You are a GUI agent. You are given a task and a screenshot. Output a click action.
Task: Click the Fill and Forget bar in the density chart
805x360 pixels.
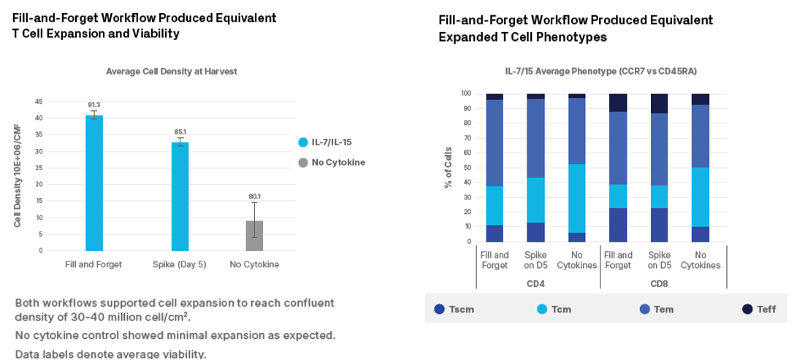point(94,183)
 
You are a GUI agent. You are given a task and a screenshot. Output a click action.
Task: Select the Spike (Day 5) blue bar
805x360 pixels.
point(180,196)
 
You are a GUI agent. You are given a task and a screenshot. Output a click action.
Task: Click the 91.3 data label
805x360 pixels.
point(94,105)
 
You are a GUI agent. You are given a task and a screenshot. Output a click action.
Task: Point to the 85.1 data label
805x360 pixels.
point(180,132)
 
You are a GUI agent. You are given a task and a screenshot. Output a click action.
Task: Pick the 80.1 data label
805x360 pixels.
point(254,196)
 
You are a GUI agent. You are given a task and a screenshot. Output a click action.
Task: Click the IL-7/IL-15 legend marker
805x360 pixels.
point(303,142)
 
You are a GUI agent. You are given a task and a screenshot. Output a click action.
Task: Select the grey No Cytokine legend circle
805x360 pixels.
point(303,162)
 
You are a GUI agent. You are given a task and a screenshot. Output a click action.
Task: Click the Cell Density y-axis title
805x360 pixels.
point(17,175)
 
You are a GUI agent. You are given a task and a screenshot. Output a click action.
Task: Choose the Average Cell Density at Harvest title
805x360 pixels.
point(172,72)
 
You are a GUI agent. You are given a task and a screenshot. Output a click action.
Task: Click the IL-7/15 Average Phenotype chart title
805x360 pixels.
point(600,72)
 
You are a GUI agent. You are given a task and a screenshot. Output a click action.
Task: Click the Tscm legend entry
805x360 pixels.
point(454,309)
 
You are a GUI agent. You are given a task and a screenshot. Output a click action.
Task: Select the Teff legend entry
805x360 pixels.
point(759,309)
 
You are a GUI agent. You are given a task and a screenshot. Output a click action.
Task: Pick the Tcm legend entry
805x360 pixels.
point(554,309)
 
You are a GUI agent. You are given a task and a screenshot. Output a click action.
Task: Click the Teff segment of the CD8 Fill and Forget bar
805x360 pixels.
point(618,102)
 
